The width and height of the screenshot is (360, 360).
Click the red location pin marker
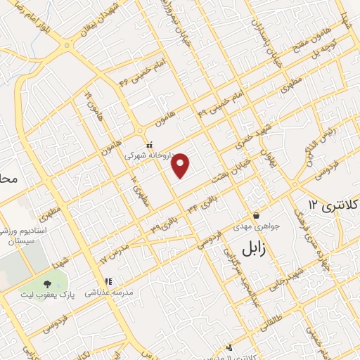point(181,165)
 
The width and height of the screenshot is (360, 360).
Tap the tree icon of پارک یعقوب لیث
point(47,284)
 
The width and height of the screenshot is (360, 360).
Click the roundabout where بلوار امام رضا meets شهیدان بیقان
point(67,44)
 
